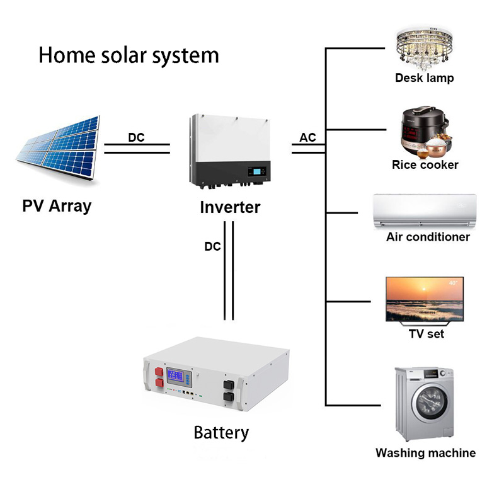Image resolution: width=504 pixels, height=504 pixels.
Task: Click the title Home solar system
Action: point(129,55)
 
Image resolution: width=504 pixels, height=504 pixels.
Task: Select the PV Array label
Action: point(57,205)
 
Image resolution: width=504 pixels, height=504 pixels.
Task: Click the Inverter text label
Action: point(230,207)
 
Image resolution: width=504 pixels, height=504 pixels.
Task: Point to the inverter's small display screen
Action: point(258,171)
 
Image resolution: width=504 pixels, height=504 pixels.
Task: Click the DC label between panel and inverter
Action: point(136,137)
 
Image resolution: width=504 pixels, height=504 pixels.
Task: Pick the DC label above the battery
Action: point(213,246)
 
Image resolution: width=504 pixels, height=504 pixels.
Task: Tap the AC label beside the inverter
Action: point(308,137)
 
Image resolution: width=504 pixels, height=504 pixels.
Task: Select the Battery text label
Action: point(221,433)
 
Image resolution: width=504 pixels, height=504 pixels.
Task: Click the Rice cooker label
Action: point(425,165)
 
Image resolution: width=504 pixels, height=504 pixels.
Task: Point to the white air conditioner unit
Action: point(425,210)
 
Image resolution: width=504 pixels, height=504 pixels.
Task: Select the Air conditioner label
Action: point(428,237)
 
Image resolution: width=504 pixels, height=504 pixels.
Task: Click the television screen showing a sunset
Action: point(425,299)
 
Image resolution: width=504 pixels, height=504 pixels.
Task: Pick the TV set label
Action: point(427,333)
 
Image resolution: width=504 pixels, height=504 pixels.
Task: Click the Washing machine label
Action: point(425,453)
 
